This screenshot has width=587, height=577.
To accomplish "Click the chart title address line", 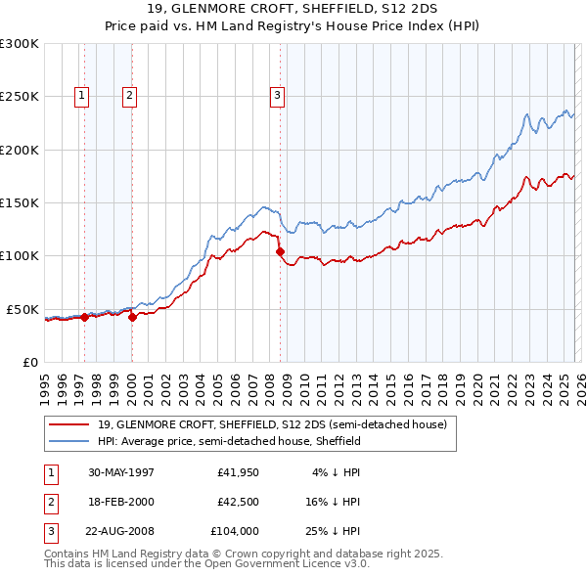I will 293,9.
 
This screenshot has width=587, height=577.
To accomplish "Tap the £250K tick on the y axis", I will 20,97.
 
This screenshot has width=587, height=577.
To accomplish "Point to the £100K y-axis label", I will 20,255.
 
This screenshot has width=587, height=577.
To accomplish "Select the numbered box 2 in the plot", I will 129,95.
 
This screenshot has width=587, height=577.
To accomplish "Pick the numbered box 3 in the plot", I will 277,95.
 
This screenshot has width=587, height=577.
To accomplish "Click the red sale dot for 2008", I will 281,252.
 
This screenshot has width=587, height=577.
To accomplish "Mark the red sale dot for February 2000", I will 132,317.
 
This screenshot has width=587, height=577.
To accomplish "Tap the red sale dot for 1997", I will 85,317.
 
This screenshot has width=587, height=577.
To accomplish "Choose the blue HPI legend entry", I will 229,441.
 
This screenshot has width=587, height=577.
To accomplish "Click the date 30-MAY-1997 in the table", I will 121,472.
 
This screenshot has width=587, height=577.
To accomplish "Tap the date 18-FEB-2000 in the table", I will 121,503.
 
